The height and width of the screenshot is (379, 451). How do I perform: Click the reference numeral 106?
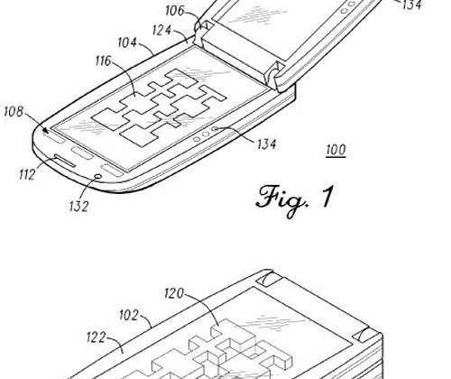(x=175, y=11)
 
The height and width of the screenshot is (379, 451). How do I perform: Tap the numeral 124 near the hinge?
(x=161, y=31)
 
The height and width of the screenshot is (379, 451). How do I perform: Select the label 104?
(x=127, y=42)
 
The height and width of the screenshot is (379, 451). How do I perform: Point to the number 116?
(x=104, y=61)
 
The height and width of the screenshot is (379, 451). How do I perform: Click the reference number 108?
(x=14, y=111)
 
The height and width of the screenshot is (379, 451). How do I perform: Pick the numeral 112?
(x=27, y=174)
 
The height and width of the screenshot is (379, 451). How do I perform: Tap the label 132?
(x=78, y=207)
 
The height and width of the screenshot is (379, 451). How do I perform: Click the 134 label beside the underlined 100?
(x=267, y=144)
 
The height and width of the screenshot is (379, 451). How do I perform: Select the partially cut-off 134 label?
(x=412, y=5)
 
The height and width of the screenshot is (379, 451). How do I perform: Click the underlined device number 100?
(x=336, y=150)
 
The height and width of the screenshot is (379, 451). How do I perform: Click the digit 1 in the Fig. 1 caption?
(x=327, y=197)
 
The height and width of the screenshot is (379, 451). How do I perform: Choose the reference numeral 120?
(x=174, y=293)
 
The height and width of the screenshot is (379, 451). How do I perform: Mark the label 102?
(x=129, y=315)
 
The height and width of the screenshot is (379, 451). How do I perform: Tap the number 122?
(x=97, y=337)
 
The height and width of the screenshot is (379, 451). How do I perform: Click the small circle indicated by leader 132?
(x=97, y=176)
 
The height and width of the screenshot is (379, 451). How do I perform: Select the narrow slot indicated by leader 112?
(x=64, y=161)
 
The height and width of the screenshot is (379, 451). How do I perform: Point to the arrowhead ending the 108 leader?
(x=45, y=130)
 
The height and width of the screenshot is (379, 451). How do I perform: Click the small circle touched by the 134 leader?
(x=215, y=129)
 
